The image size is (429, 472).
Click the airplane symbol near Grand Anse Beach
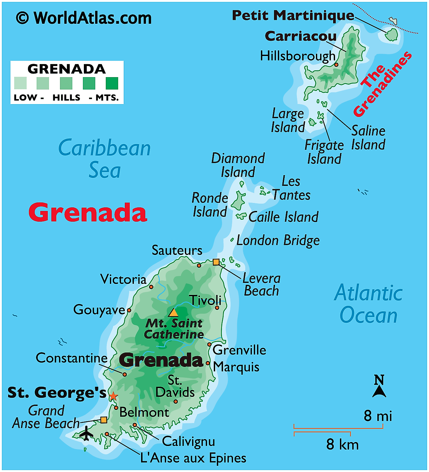tap(86, 433)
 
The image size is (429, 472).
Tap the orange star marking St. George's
tap(113, 396)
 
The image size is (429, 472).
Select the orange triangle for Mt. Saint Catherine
tap(173, 313)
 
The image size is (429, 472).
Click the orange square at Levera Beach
tap(216, 262)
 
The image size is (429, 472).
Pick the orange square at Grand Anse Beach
tap(104, 420)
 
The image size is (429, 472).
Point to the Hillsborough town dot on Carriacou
tap(336, 65)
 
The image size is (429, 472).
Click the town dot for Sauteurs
tap(199, 265)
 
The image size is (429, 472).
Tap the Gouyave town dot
tap(129, 310)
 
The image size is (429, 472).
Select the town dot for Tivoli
tap(217, 308)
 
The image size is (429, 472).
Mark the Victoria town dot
tap(151, 287)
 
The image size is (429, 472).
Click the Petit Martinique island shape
tap(392, 35)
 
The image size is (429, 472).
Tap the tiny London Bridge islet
tap(232, 240)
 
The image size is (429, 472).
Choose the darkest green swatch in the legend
tap(112, 83)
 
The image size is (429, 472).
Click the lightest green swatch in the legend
tap(20, 83)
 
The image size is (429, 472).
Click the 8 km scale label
tap(343, 444)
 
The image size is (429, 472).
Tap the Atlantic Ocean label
tap(369, 304)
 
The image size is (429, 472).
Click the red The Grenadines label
tap(383, 84)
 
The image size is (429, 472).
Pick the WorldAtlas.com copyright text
tap(84, 18)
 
